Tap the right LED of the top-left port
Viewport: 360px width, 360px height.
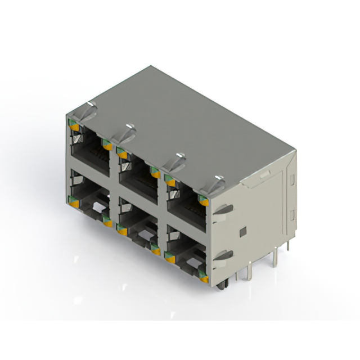[x=105, y=144]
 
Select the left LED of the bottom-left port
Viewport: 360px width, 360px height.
[x=72, y=199]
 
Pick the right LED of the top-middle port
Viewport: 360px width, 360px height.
[x=154, y=172]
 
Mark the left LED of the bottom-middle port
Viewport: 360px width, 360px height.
[x=120, y=228]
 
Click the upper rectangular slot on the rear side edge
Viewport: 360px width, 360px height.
[x=292, y=181]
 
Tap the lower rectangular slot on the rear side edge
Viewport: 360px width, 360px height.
[x=292, y=215]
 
